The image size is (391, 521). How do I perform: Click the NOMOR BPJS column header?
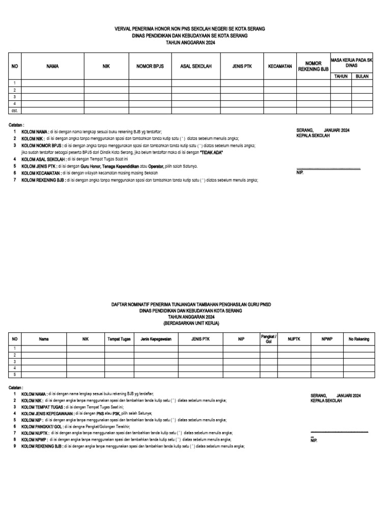click(149, 67)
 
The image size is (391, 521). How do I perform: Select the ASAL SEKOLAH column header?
click(196, 67)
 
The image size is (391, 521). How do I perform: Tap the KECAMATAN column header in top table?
click(280, 67)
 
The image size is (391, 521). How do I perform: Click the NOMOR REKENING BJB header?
click(314, 67)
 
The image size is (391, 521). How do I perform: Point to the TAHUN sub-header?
click(340, 76)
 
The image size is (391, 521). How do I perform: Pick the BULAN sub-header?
click(362, 76)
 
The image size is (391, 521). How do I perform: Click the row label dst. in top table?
click(14, 110)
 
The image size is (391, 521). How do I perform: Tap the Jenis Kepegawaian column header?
click(156, 339)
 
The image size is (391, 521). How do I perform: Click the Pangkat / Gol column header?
click(268, 339)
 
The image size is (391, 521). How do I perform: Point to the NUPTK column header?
click(294, 339)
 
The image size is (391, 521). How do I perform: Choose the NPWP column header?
click(326, 339)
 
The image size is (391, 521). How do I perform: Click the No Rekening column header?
click(358, 339)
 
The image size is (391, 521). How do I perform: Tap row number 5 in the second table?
click(14, 374)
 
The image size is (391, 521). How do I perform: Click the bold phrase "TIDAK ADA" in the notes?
click(208, 153)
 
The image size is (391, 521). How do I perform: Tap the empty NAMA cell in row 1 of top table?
click(52, 83)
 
